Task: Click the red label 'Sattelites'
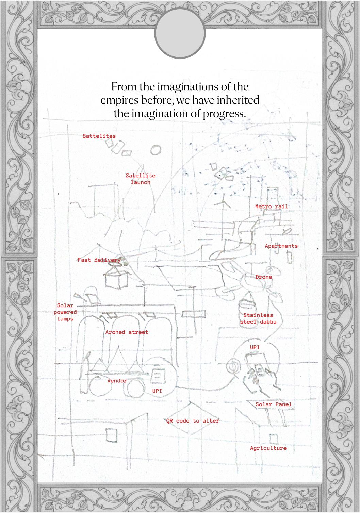[99, 136]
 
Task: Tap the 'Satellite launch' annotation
[140, 179]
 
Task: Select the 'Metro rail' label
[271, 206]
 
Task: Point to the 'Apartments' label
[281, 246]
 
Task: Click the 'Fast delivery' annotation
[99, 260]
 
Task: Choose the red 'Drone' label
[264, 277]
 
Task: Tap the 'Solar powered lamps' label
[65, 312]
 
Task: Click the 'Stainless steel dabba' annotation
[258, 318]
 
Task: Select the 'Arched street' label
[127, 332]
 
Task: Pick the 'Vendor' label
[117, 381]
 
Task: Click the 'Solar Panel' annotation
[273, 404]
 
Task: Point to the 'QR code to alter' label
[192, 421]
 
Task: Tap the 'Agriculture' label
[268, 448]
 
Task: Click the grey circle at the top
[180, 33]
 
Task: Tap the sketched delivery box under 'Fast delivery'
[116, 279]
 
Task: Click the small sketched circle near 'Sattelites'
[156, 150]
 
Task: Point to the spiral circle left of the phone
[233, 367]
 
